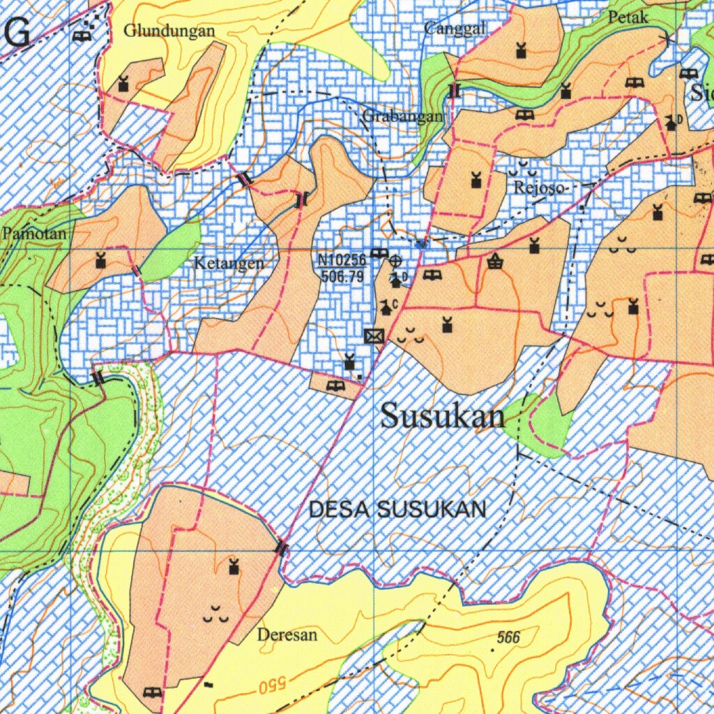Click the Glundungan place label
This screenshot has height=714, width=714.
pyautogui.click(x=169, y=31)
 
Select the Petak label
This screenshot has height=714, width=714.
pyautogui.click(x=628, y=17)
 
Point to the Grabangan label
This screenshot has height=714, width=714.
pyautogui.click(x=403, y=117)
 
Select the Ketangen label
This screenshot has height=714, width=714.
pyautogui.click(x=229, y=264)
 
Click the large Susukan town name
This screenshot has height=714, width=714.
pyautogui.click(x=443, y=416)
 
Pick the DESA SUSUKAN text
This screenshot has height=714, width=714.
pyautogui.click(x=397, y=510)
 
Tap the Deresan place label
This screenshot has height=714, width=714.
pyautogui.click(x=287, y=635)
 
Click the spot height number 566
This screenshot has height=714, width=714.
pyautogui.click(x=508, y=637)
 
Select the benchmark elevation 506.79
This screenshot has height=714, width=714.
pyautogui.click(x=342, y=277)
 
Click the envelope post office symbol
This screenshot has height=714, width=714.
pyautogui.click(x=374, y=336)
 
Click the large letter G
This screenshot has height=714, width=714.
pyautogui.click(x=17, y=33)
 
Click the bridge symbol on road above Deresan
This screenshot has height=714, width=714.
pyautogui.click(x=282, y=548)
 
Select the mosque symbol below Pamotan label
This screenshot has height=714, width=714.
pyautogui.click(x=100, y=260)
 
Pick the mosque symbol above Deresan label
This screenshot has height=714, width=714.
pyautogui.click(x=234, y=567)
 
